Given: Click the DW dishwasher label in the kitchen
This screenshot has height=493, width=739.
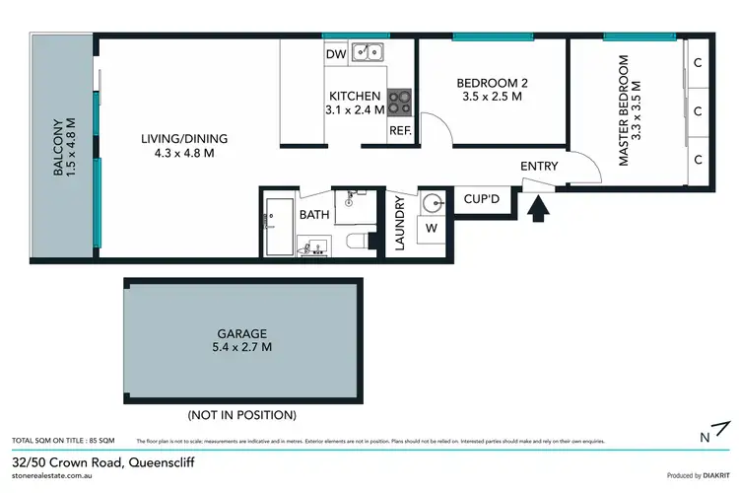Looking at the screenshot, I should click(x=336, y=55).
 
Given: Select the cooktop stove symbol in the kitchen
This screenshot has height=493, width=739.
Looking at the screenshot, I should click(x=400, y=100).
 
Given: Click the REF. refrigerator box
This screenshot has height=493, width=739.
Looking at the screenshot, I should click(x=400, y=130).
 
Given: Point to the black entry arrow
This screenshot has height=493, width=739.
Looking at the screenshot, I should click(x=538, y=208).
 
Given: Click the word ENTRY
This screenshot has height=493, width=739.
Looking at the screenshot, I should click(x=539, y=167).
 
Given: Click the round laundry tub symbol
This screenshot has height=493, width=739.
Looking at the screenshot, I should click(x=433, y=203).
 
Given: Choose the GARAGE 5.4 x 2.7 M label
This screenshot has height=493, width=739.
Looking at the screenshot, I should click(x=243, y=340).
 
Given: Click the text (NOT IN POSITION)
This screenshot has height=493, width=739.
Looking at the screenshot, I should click(x=242, y=415).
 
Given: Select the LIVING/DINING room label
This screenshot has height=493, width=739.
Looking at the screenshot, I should click(x=177, y=138).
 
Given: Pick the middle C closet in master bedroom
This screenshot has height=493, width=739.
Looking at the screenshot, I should click(x=697, y=111).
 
